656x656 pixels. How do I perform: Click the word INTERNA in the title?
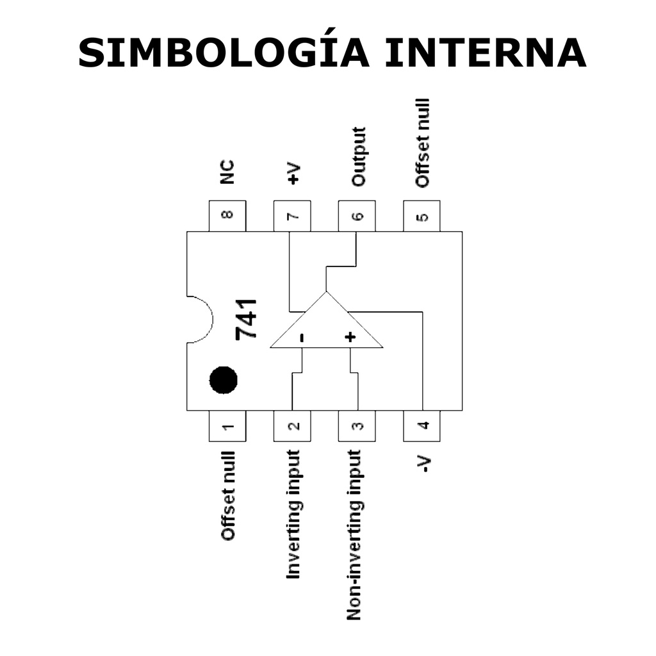[x=485, y=53]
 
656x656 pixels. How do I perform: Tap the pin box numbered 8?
[x=227, y=216]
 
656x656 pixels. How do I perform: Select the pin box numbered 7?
[x=292, y=216]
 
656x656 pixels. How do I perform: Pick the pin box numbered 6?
[x=357, y=216]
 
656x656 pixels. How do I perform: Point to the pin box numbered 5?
[x=422, y=216]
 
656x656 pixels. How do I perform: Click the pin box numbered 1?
[x=227, y=426]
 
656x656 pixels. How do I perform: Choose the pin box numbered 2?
[x=292, y=426]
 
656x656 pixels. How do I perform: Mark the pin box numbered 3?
[x=357, y=426]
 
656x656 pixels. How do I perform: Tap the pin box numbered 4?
[x=422, y=426]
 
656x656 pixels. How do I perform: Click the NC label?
[x=227, y=172]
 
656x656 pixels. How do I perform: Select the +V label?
[x=293, y=174]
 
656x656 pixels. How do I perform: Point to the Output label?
[x=358, y=157]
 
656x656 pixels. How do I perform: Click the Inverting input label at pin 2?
[x=293, y=514]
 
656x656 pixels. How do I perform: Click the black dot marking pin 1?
[x=224, y=380]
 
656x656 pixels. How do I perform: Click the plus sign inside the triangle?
[x=350, y=337]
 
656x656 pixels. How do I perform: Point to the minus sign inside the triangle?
[x=302, y=337]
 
